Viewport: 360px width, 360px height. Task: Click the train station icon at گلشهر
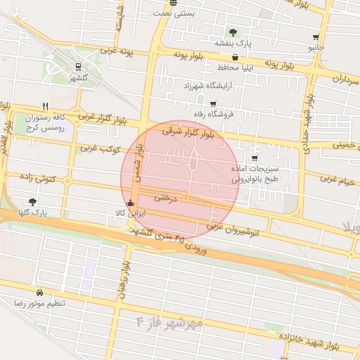pyautogui.click(x=79, y=67)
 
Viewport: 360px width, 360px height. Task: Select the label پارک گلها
pyautogui.click(x=33, y=212)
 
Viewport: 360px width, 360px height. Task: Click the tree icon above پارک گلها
pyautogui.click(x=32, y=201)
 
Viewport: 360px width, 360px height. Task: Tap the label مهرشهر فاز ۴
pyautogui.click(x=169, y=322)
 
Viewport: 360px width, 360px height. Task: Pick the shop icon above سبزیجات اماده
pyautogui.click(x=254, y=158)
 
